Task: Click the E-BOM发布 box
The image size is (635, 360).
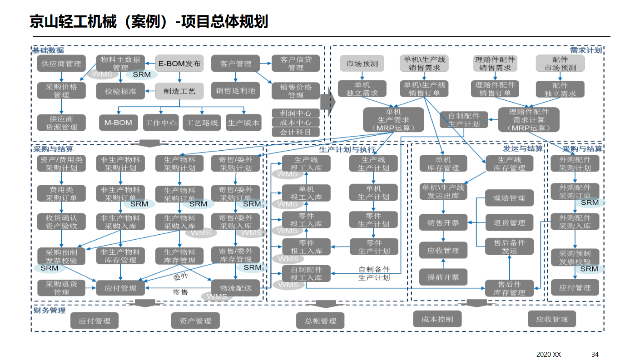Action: click(x=179, y=64)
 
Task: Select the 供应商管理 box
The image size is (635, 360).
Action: click(x=61, y=64)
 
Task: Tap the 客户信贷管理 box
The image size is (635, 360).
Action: click(x=295, y=64)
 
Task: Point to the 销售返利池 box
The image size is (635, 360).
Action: click(x=235, y=90)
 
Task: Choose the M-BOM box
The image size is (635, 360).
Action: click(x=118, y=123)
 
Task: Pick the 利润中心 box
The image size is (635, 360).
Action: click(x=295, y=113)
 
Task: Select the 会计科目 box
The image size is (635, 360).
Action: click(x=295, y=132)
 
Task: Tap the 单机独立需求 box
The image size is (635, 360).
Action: click(x=362, y=89)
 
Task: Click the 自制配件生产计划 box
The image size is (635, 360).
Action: click(x=463, y=120)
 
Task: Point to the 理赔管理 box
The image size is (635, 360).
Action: click(x=509, y=198)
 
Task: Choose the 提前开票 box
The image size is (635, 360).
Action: click(x=443, y=277)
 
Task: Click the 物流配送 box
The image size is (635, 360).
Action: click(x=235, y=288)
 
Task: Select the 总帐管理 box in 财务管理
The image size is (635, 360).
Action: click(x=320, y=321)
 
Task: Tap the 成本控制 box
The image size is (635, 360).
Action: click(x=437, y=319)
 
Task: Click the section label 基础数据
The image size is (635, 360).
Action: click(x=48, y=50)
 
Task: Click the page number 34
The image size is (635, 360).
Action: click(x=595, y=354)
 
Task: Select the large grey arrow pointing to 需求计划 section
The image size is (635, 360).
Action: click(x=327, y=103)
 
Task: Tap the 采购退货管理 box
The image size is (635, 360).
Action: click(x=61, y=288)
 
